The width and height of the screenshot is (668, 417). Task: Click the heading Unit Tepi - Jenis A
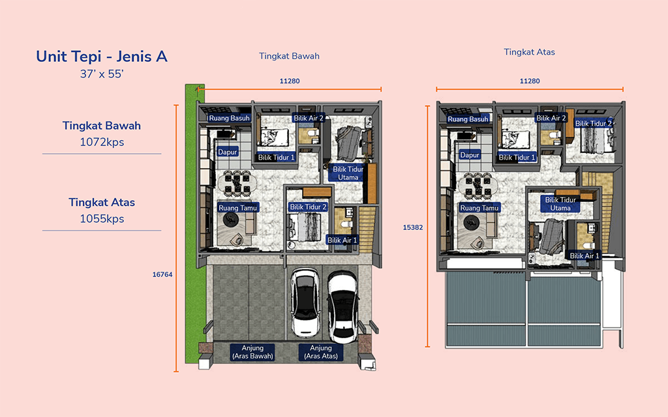[101, 56]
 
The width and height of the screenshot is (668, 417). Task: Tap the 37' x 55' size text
[101, 74]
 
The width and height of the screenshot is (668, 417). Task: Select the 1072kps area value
[102, 142]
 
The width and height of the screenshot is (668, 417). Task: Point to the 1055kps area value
[102, 219]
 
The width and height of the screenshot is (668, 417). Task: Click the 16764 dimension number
[162, 274]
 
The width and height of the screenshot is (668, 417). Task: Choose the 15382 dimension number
[413, 227]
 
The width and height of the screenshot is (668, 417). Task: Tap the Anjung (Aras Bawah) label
[252, 352]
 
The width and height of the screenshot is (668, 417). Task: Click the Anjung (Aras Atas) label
[321, 352]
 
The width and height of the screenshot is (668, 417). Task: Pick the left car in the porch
[305, 302]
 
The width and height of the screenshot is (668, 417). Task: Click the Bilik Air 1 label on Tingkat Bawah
[342, 240]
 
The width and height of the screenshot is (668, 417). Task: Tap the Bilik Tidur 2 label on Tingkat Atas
[594, 123]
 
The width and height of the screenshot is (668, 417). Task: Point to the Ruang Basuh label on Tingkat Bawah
[229, 119]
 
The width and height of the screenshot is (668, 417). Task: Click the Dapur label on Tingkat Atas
[470, 155]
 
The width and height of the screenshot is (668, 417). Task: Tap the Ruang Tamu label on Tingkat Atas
[479, 208]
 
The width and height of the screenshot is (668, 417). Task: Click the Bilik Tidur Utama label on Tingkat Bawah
[348, 173]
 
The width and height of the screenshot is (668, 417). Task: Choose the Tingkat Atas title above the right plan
[530, 52]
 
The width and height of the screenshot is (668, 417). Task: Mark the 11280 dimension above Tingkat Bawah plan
[290, 81]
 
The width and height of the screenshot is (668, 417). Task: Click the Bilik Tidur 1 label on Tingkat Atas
[517, 158]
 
